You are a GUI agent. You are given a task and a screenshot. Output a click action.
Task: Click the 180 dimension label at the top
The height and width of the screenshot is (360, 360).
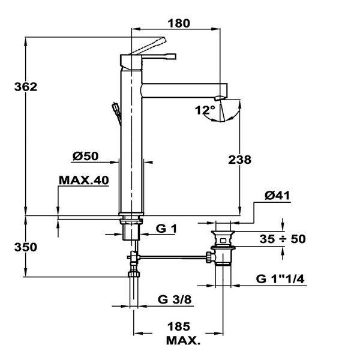click(x=179, y=23)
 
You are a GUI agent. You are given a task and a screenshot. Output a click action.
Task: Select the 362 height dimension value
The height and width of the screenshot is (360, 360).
click(x=26, y=87)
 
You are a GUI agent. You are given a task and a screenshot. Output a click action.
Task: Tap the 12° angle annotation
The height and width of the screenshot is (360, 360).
click(x=205, y=110)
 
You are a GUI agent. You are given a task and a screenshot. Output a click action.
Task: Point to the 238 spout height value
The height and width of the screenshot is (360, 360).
click(x=239, y=160)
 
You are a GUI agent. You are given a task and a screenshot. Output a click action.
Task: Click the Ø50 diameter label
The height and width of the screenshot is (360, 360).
click(x=85, y=156)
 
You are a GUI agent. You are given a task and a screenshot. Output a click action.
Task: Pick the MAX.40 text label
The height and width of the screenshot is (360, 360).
click(x=84, y=180)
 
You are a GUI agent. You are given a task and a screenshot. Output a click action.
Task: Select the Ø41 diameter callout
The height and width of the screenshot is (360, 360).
click(x=277, y=196)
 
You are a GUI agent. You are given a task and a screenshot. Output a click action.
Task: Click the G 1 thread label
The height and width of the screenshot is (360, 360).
click(x=166, y=229)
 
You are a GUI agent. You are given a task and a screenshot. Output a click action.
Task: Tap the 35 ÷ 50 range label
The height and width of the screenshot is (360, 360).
click(x=283, y=239)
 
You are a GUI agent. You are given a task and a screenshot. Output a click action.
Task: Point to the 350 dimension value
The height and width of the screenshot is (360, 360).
click(x=26, y=247)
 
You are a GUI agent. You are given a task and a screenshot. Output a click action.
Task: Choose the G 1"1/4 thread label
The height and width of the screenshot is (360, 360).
click(x=280, y=279)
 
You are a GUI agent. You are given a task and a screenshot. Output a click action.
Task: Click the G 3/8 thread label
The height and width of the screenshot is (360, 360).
click(x=175, y=299)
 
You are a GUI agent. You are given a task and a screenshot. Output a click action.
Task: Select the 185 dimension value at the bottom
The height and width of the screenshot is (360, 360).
click(x=179, y=326)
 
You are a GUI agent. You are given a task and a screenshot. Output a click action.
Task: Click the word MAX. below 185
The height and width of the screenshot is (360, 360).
click(x=183, y=341)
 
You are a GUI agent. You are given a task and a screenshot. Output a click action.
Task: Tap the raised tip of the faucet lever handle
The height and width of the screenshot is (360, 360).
click(x=163, y=39)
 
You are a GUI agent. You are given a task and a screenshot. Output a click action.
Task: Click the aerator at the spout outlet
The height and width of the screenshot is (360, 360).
click(x=219, y=98)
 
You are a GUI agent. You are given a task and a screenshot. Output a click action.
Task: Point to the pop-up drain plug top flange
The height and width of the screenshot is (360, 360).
click(x=223, y=232)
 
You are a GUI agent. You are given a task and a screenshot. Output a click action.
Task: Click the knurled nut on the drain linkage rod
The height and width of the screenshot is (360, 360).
click(x=208, y=257)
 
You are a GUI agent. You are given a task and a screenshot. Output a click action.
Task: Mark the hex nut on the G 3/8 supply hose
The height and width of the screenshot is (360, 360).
click(x=134, y=274)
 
